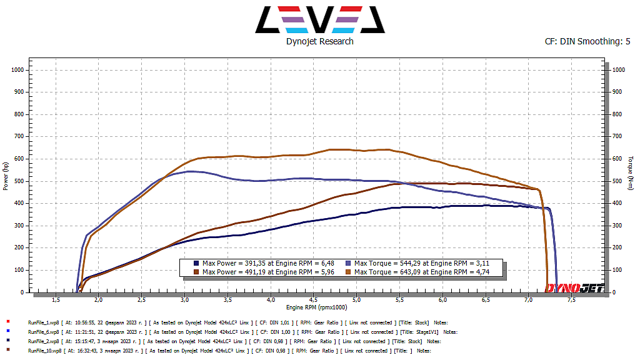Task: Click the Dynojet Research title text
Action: [319, 41]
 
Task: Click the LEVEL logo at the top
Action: [319, 19]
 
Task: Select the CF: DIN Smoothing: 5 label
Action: [587, 41]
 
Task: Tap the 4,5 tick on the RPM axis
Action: [313, 301]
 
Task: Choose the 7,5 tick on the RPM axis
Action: [572, 301]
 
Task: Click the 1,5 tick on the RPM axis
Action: [56, 301]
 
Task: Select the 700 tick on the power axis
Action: [18, 136]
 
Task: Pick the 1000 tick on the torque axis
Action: [619, 70]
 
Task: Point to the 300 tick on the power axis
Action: [18, 226]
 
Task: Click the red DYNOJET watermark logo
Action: [574, 287]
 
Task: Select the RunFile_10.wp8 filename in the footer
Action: [44, 351]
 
